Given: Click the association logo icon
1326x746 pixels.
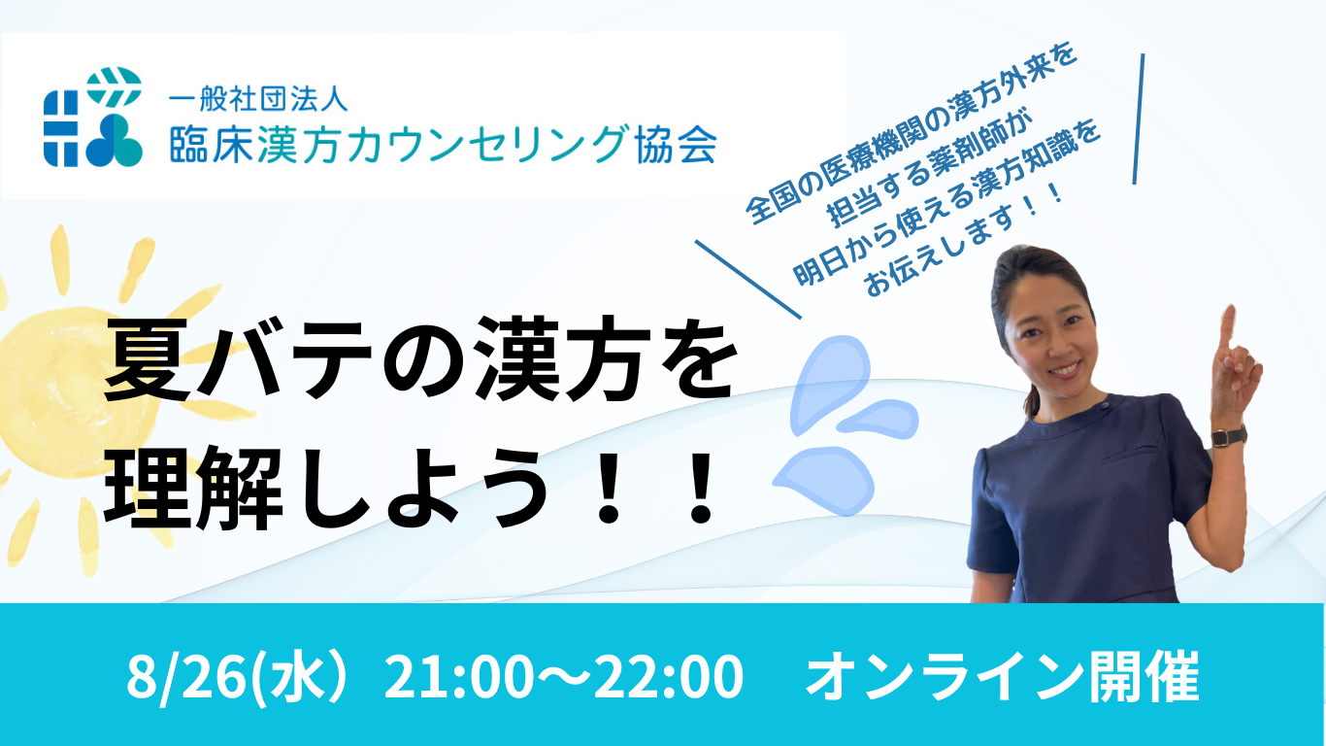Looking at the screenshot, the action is [x=93, y=117].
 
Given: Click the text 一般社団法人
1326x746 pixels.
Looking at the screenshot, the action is [x=258, y=99].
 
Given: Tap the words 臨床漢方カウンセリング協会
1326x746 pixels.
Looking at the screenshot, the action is [x=444, y=144].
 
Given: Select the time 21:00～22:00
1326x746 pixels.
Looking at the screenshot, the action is [x=564, y=676].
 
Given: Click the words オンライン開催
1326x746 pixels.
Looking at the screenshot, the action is [x=1002, y=676].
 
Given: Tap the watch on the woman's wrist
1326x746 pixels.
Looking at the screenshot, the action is [x=1228, y=437].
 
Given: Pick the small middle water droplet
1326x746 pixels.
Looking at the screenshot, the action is [x=878, y=419].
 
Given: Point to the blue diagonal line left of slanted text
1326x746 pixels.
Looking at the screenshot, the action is [x=747, y=279].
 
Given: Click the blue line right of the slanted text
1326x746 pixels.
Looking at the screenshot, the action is [x=1139, y=119].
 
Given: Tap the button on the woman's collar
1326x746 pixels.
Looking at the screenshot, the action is [x=1105, y=405].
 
